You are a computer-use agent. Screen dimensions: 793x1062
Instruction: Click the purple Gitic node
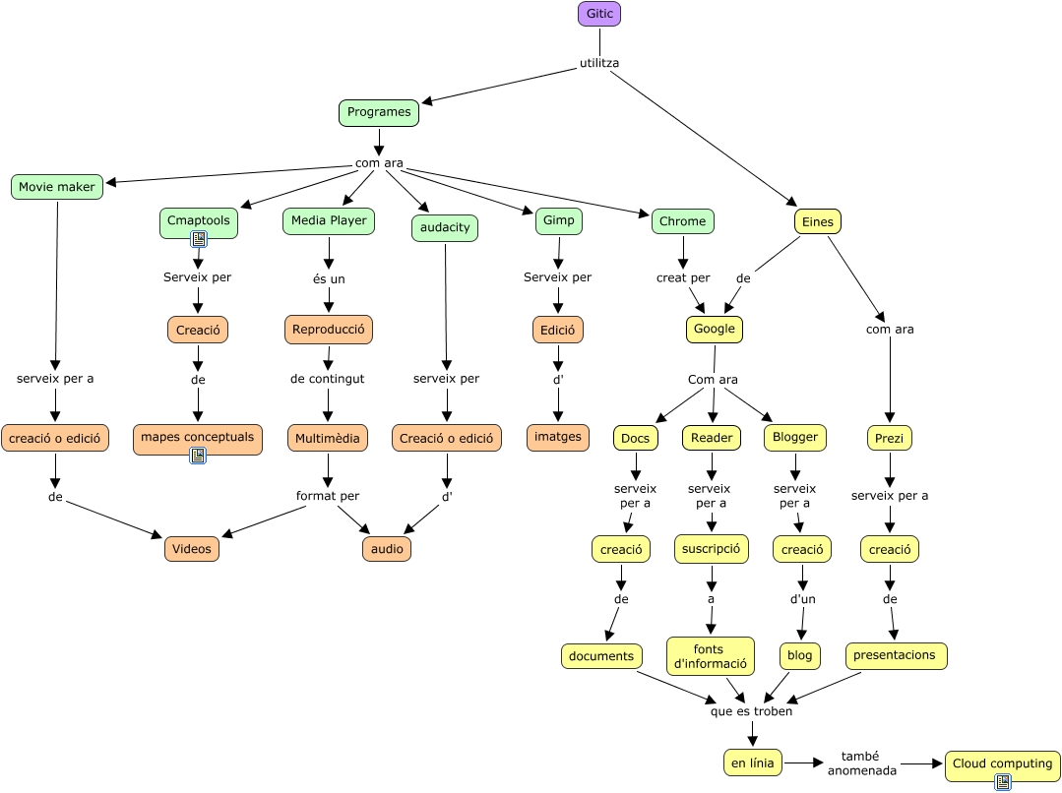[598, 14]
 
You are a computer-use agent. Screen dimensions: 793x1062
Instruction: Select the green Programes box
[379, 112]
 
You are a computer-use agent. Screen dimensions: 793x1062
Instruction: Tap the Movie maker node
[57, 187]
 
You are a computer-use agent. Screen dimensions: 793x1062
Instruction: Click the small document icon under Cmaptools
[199, 238]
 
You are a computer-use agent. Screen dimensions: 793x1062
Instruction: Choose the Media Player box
[329, 221]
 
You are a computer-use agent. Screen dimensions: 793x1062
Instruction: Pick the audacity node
[445, 228]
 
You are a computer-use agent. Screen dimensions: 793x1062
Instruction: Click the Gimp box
[558, 221]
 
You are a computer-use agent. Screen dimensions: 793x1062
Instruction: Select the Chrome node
[682, 221]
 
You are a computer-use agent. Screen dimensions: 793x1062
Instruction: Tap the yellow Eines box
[817, 222]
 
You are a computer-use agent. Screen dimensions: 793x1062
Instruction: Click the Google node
[714, 329]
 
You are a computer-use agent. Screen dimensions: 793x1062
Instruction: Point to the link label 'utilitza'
[599, 64]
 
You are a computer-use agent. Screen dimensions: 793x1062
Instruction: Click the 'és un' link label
[329, 279]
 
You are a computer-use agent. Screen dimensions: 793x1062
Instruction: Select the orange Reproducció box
[329, 329]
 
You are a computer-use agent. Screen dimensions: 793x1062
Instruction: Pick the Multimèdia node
[328, 437]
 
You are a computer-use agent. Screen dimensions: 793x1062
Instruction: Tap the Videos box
[192, 549]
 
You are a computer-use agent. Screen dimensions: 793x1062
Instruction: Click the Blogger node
[794, 437]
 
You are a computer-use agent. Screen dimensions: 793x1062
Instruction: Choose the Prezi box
[890, 438]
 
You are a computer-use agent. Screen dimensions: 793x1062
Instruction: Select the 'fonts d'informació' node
[710, 655]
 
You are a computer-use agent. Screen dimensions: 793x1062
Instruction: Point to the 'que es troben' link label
[751, 711]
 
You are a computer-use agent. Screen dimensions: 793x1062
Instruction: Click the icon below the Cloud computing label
[1003, 782]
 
